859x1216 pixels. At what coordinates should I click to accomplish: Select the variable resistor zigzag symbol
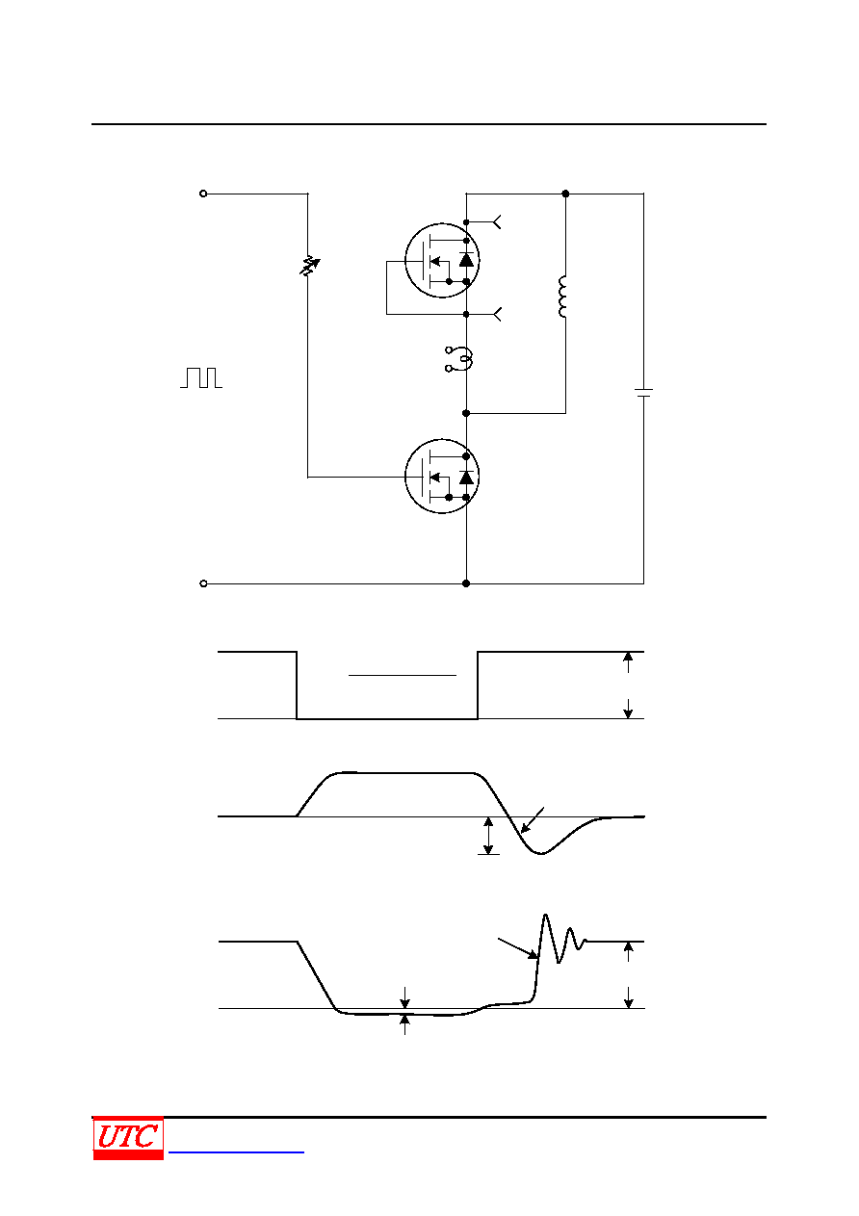coord(309,266)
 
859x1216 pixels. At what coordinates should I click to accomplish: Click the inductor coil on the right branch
coord(562,297)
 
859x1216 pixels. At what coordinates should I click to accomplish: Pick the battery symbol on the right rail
coord(643,393)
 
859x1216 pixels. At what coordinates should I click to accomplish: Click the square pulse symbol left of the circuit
coord(201,377)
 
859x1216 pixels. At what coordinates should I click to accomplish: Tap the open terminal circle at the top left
coord(203,194)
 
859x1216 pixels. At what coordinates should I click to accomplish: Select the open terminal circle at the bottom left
coord(203,583)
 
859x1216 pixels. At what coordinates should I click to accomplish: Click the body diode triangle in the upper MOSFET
coord(466,260)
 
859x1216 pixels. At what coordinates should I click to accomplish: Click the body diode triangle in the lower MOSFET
coord(466,478)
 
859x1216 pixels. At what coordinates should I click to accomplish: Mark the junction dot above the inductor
coord(565,194)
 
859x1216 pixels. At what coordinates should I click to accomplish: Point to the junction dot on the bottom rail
coord(466,583)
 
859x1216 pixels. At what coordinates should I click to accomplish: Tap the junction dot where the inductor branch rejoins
coord(466,413)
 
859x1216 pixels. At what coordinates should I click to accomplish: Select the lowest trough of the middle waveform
coord(540,854)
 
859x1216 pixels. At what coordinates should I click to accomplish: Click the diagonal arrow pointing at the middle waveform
coord(533,820)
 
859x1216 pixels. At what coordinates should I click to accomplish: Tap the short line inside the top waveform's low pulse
coord(402,675)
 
